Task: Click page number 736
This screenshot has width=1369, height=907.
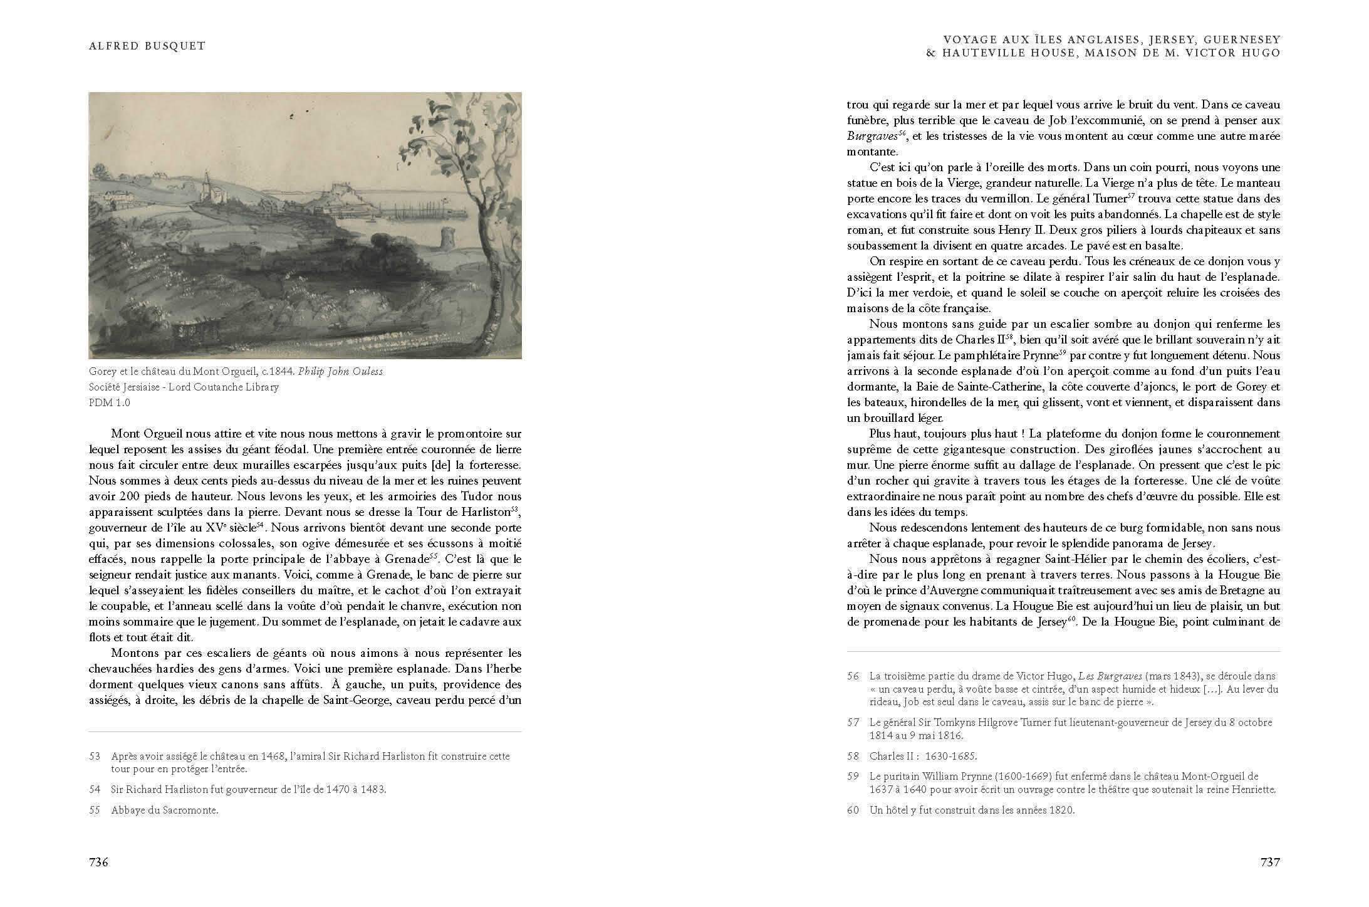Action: (99, 862)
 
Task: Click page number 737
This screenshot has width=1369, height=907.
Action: (1270, 862)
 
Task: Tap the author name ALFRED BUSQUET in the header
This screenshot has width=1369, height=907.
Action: (147, 46)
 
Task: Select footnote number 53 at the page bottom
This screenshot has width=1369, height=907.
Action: (95, 756)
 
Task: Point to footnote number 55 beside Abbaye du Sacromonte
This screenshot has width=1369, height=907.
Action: (95, 810)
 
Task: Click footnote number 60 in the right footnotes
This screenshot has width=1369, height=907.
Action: (853, 810)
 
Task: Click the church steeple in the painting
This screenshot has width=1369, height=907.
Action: (206, 179)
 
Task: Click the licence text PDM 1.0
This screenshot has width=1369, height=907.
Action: (110, 402)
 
